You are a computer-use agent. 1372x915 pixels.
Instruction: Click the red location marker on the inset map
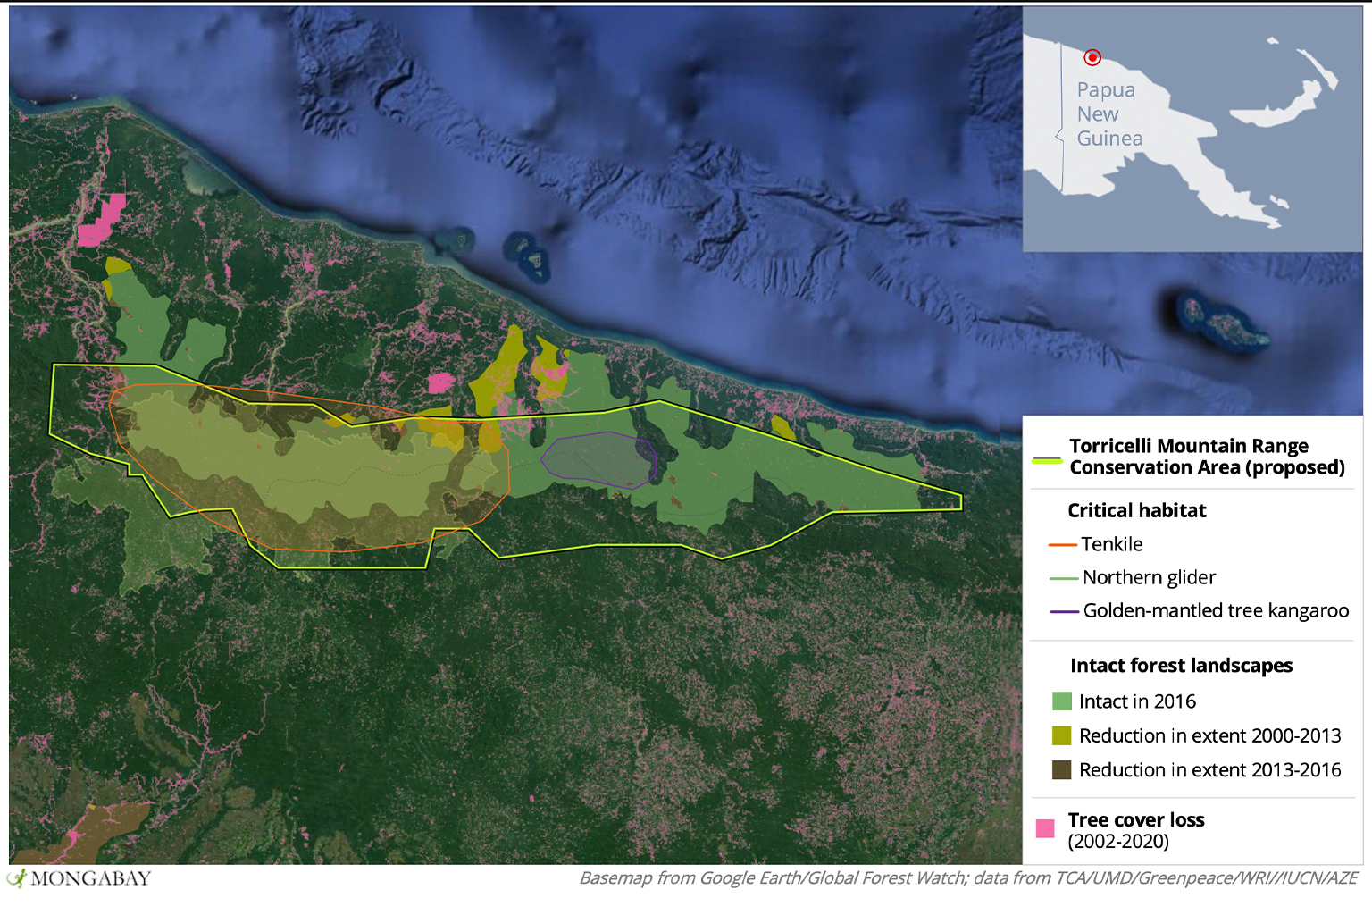pyautogui.click(x=1092, y=58)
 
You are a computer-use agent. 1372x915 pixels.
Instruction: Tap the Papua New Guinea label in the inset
pyautogui.click(x=1108, y=114)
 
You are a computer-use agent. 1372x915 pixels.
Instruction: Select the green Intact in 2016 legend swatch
pyautogui.click(x=1061, y=701)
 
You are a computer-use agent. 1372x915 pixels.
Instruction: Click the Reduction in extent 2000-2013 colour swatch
pyautogui.click(x=1061, y=735)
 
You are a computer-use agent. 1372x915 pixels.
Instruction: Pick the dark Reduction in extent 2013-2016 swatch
pyautogui.click(x=1061, y=769)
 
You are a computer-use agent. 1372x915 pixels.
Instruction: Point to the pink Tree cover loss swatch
pyautogui.click(x=1045, y=828)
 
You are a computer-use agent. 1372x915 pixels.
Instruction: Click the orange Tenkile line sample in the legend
pyautogui.click(x=1062, y=544)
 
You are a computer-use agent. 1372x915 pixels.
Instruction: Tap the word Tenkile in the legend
pyautogui.click(x=1111, y=544)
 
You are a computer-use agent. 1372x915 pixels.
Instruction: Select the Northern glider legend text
pyautogui.click(x=1149, y=577)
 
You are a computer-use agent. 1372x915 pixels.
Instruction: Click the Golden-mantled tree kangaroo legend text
pyautogui.click(x=1216, y=610)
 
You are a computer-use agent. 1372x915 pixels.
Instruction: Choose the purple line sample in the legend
pyautogui.click(x=1064, y=611)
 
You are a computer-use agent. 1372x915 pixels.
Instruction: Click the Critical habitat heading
pyautogui.click(x=1136, y=510)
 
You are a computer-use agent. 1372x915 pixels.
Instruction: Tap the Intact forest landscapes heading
pyautogui.click(x=1181, y=666)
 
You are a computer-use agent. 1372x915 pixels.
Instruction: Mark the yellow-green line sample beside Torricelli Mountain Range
pyautogui.click(x=1047, y=460)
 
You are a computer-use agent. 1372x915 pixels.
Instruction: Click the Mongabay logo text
pyautogui.click(x=89, y=878)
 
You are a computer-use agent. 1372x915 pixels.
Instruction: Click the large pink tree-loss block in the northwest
pyautogui.click(x=101, y=221)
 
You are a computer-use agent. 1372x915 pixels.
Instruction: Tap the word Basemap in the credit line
pyautogui.click(x=615, y=878)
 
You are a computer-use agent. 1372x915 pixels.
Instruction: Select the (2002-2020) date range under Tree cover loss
pyautogui.click(x=1118, y=841)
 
